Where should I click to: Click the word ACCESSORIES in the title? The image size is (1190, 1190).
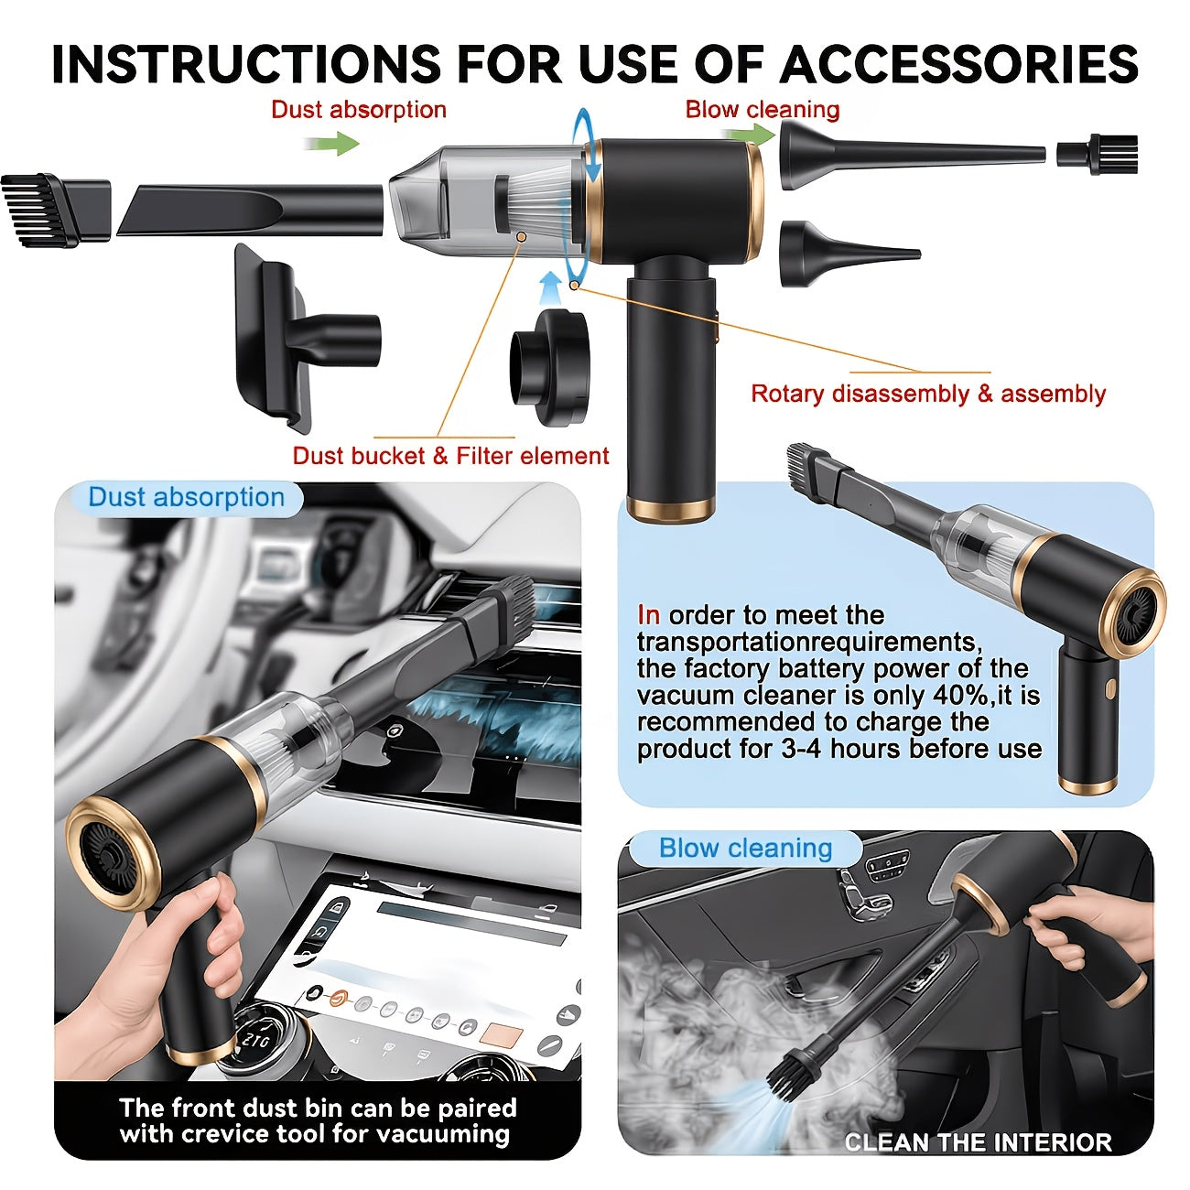tap(958, 63)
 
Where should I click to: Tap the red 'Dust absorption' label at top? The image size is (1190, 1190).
tap(359, 110)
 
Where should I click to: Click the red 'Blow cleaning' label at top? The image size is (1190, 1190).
tap(763, 109)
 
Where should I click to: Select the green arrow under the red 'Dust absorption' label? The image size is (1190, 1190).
tap(331, 144)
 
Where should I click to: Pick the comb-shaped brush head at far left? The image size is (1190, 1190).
tap(56, 210)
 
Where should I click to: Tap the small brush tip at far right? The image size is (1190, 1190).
tap(1097, 154)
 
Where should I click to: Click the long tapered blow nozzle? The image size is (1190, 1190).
tap(912, 155)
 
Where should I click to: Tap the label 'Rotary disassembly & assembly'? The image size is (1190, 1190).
tap(928, 394)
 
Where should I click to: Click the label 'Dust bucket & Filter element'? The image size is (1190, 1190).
tap(450, 456)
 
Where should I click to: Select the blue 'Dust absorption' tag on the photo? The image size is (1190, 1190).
tap(186, 497)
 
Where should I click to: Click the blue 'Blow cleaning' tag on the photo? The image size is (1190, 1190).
tap(745, 848)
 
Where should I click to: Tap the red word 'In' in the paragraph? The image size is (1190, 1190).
tap(648, 615)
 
